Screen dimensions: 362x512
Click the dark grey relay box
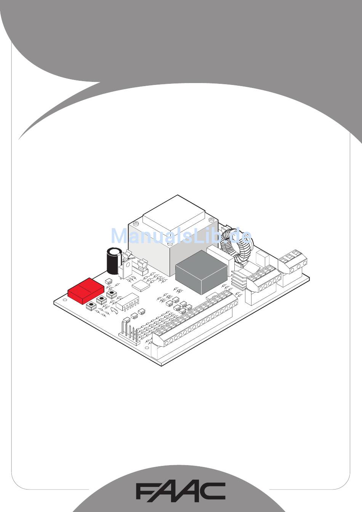[201, 272]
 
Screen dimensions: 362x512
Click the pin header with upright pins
[128, 330]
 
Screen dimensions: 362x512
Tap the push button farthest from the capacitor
[91, 306]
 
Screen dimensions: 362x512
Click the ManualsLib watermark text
[181, 236]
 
